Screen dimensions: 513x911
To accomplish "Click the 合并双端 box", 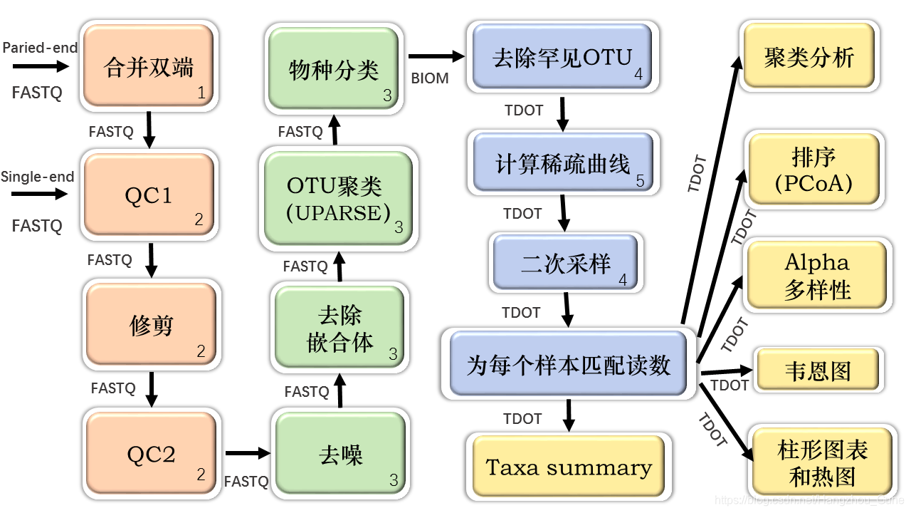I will pyautogui.click(x=148, y=66).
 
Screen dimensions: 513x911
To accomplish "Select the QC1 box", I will pyautogui.click(x=149, y=195).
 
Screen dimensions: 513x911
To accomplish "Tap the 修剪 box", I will pyautogui.click(x=151, y=325).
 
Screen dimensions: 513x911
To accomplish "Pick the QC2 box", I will pyautogui.click(x=151, y=454).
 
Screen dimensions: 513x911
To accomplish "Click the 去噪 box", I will pyautogui.click(x=340, y=454).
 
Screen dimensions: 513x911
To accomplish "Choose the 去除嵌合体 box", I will pyautogui.click(x=339, y=328).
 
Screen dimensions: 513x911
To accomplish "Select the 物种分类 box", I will pyautogui.click(x=332, y=69).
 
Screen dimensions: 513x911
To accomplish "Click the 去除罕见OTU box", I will pyautogui.click(x=562, y=57).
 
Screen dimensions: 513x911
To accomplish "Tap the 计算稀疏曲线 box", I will pyautogui.click(x=562, y=163).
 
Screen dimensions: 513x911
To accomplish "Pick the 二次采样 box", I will pyautogui.click(x=566, y=263).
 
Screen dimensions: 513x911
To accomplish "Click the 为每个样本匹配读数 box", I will pyautogui.click(x=569, y=364).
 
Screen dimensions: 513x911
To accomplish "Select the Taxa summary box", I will pyautogui.click(x=568, y=467).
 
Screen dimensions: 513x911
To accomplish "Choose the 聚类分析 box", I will pyautogui.click(x=809, y=57).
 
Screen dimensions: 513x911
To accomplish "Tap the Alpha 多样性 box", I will pyautogui.click(x=816, y=276).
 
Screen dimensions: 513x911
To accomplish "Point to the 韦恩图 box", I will pyautogui.click(x=817, y=370).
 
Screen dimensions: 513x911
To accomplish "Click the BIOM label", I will pyautogui.click(x=430, y=78).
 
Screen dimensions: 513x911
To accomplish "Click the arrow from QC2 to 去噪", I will pyautogui.click(x=248, y=452).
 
